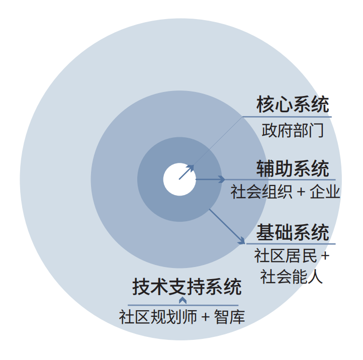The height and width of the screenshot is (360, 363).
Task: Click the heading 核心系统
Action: (x=293, y=105)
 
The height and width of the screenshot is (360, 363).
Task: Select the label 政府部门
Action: (x=293, y=130)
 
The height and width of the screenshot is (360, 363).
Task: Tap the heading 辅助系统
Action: (x=293, y=168)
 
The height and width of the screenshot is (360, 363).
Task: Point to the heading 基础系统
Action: (x=293, y=232)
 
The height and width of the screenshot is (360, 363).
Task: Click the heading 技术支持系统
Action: (x=187, y=287)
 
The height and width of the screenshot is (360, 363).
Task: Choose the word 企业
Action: (x=325, y=192)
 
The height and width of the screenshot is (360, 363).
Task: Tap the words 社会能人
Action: (x=292, y=277)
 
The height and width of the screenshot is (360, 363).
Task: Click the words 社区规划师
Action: (x=158, y=317)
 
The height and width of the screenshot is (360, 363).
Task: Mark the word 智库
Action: (x=229, y=317)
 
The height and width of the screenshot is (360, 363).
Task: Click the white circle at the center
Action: (x=179, y=179)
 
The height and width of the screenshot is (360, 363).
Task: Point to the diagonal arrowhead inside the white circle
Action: (x=190, y=168)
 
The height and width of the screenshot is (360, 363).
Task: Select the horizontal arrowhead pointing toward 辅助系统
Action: (x=222, y=179)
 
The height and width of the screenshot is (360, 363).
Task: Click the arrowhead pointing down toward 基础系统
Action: (x=242, y=241)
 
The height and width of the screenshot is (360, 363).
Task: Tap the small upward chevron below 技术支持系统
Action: (x=183, y=300)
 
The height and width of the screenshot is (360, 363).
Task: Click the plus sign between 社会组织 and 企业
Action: (x=301, y=192)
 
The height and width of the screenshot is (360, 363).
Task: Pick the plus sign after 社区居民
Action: (x=325, y=256)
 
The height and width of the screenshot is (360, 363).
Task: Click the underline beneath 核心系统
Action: (x=287, y=117)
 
